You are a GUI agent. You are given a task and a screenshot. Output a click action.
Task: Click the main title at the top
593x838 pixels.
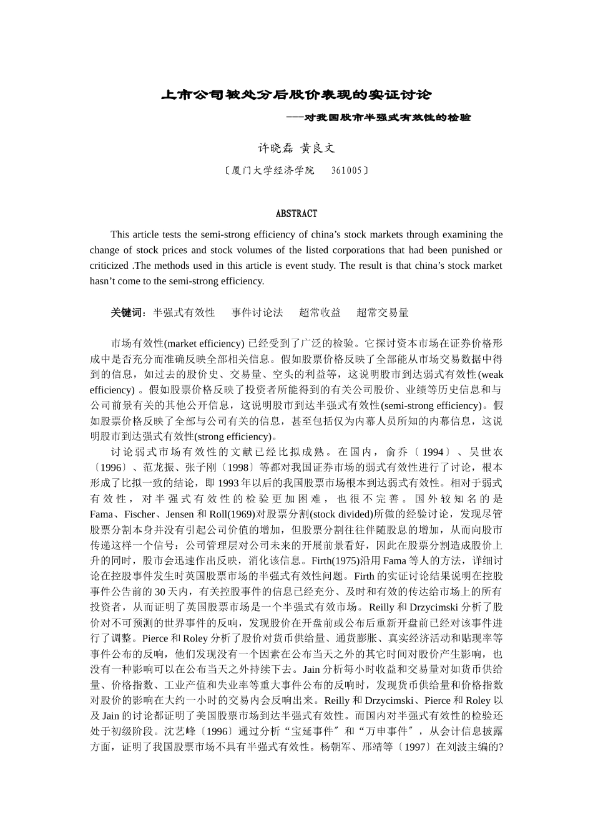296,95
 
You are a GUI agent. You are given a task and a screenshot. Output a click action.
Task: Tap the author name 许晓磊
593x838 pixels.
275,148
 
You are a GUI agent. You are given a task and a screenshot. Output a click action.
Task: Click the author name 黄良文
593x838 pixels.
318,148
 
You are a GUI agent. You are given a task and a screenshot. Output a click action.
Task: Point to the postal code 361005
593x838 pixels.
346,170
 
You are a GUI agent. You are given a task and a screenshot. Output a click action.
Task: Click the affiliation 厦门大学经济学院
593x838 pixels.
273,170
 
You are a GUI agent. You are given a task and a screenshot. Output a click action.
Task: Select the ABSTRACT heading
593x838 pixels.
296,214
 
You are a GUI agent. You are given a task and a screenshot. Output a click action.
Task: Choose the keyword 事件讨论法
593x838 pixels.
257,312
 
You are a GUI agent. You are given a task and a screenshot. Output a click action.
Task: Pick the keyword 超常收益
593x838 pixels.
320,312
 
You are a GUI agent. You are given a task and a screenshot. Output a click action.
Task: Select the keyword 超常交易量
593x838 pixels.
382,312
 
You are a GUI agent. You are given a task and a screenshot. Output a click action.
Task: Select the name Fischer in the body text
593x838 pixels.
139,514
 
